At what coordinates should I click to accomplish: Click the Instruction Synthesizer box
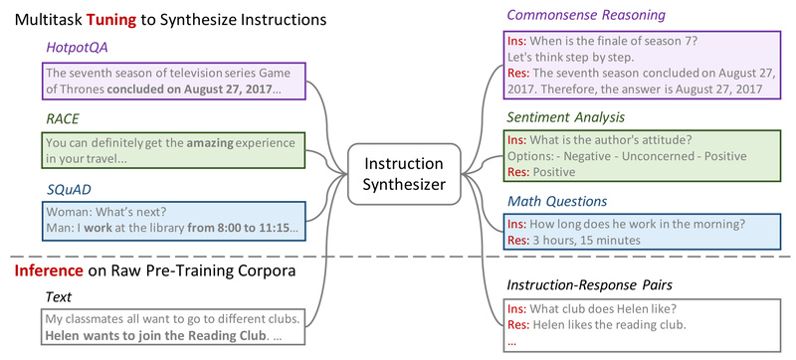point(403,172)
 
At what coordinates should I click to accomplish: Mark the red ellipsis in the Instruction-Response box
point(512,341)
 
